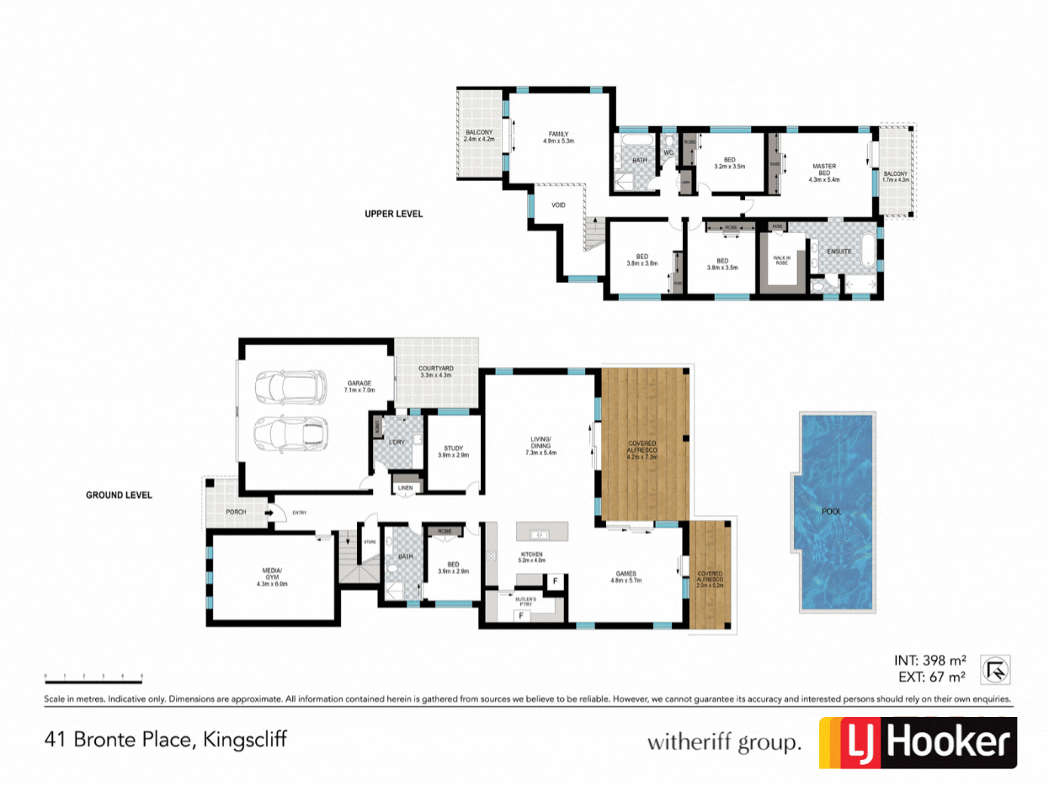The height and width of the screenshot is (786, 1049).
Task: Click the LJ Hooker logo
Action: point(918,742)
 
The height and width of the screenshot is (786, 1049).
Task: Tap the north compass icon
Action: point(996,670)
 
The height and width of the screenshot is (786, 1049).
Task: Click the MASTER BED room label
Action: point(823,173)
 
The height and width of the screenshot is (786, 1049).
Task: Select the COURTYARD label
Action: point(436,371)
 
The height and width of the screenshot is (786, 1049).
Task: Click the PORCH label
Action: point(236,512)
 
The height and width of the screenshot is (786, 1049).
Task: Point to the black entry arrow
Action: point(271,512)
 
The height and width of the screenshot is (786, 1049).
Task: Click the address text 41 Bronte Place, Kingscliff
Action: point(165,740)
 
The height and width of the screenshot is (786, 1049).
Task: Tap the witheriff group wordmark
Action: point(722,742)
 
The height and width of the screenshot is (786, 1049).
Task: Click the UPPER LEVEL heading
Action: point(393,214)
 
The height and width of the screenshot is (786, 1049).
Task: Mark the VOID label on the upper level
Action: point(558,204)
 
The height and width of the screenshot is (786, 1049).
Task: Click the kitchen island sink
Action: point(537,534)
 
